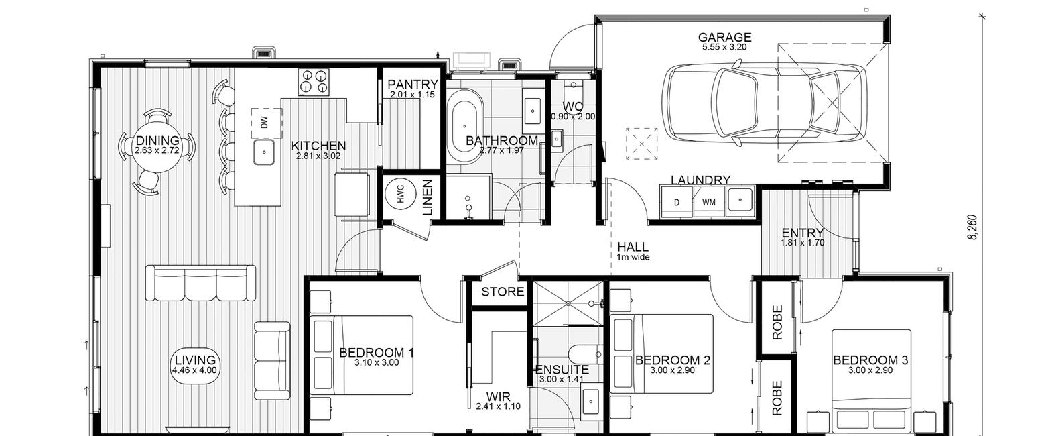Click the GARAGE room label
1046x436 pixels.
(724, 37)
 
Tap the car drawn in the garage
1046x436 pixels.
(765, 104)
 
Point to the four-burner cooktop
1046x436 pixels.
(314, 82)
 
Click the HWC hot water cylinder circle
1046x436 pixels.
(400, 193)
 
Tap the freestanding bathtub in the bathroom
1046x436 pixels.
(464, 125)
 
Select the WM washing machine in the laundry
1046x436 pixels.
(708, 201)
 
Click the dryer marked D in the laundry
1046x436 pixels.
(677, 201)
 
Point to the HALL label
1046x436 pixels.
(633, 247)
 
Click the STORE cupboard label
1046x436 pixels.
(503, 292)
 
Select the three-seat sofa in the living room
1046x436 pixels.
(201, 282)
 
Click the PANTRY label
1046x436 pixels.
(413, 85)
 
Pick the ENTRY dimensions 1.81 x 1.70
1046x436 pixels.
(802, 243)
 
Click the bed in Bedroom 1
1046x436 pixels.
(362, 355)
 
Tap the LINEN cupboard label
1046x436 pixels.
(428, 198)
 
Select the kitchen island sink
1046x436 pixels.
(264, 152)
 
